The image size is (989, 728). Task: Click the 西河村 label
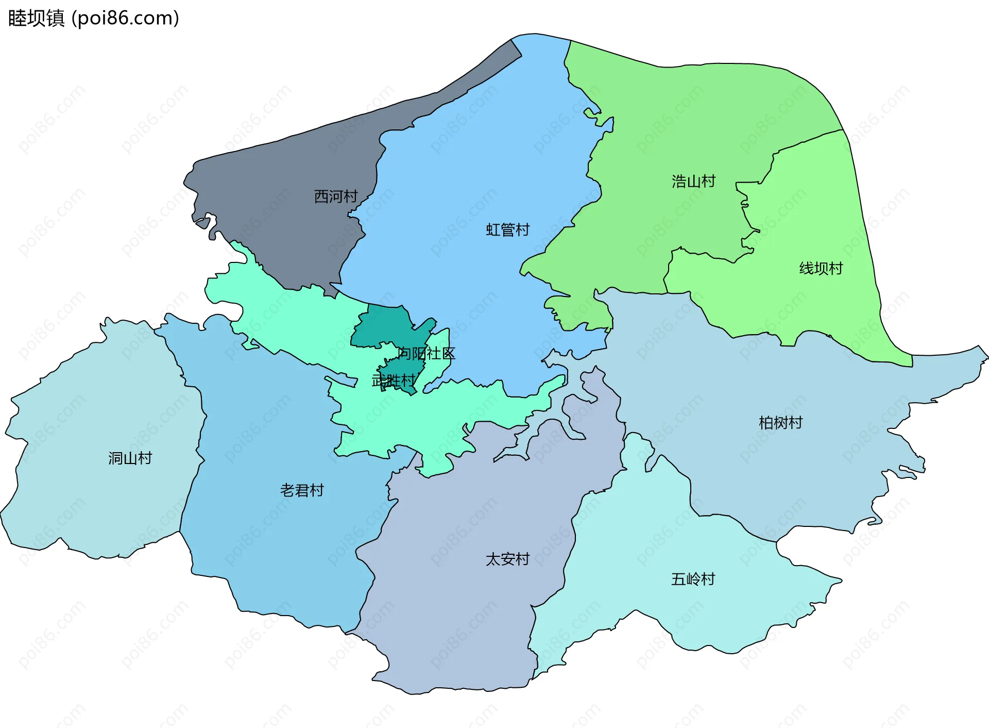(336, 196)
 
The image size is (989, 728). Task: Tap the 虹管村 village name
(507, 230)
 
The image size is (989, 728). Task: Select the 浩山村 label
(693, 181)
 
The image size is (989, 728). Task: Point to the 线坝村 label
(821, 269)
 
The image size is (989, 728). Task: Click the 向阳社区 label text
(427, 354)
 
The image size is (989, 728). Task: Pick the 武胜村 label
(393, 381)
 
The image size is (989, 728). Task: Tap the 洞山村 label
(130, 458)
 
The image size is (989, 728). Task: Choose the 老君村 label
(302, 490)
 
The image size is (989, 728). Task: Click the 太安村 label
(507, 559)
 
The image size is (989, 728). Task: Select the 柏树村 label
(780, 423)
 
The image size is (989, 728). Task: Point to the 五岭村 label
(693, 580)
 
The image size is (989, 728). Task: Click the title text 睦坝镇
(36, 19)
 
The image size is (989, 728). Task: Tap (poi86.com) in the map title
(125, 19)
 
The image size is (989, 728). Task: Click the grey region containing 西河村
(288, 170)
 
